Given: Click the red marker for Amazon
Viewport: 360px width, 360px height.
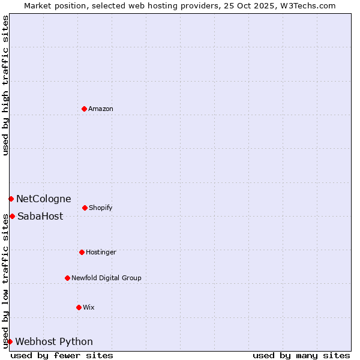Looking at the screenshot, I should click(x=84, y=109).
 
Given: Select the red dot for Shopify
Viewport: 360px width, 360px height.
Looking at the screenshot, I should click(x=85, y=208).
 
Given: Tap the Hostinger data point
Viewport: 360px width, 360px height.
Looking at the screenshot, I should click(x=82, y=252).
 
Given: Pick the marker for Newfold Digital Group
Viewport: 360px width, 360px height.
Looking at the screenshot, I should click(x=67, y=278).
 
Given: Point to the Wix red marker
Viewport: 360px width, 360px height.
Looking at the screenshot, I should click(x=79, y=307).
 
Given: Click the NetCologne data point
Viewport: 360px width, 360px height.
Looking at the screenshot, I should click(x=11, y=199).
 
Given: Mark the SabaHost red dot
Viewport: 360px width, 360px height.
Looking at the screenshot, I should click(x=12, y=216).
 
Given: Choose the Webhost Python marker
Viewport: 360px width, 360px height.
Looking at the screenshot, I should click(x=10, y=341).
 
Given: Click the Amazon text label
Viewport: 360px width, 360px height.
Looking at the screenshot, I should click(x=101, y=109).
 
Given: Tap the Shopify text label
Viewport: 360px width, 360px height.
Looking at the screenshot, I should click(x=101, y=208).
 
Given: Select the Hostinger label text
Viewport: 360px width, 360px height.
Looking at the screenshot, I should click(x=101, y=252).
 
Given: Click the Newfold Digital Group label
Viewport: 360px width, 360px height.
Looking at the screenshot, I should click(x=106, y=278).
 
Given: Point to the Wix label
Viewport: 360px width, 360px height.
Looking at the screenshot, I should click(x=89, y=307).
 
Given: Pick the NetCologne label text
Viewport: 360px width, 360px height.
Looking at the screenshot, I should click(x=43, y=199).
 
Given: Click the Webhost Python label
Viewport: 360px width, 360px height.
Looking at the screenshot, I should click(x=54, y=341).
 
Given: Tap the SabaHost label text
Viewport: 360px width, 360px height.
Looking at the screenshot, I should click(x=40, y=216).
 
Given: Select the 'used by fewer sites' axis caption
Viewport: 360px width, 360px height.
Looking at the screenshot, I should click(x=62, y=355).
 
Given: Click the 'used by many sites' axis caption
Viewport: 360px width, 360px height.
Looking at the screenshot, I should click(x=301, y=355).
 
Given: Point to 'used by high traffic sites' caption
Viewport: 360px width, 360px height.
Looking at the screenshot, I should click(x=5, y=85).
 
